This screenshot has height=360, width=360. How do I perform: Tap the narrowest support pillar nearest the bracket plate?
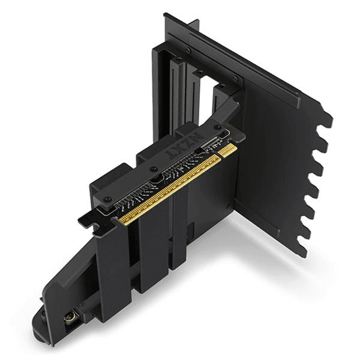coord(181,228)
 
